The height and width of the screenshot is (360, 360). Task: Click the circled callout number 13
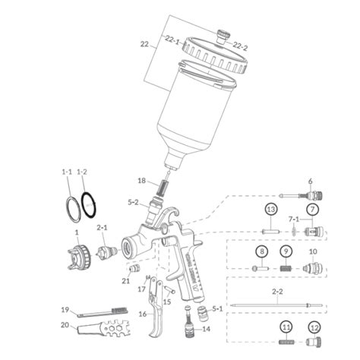pos(270,209)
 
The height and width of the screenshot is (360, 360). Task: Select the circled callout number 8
pos(261,252)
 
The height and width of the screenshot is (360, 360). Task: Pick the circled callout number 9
pos(286,252)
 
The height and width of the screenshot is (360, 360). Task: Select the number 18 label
pos(141,181)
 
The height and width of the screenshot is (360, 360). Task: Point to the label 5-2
pos(133,203)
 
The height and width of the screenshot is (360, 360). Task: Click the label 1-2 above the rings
pos(83,173)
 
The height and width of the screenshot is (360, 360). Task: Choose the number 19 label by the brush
pos(65,310)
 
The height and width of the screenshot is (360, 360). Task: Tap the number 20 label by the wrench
pos(65,325)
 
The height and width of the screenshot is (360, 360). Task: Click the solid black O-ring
pos(90,204)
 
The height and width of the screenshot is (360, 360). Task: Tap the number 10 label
pos(313,252)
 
